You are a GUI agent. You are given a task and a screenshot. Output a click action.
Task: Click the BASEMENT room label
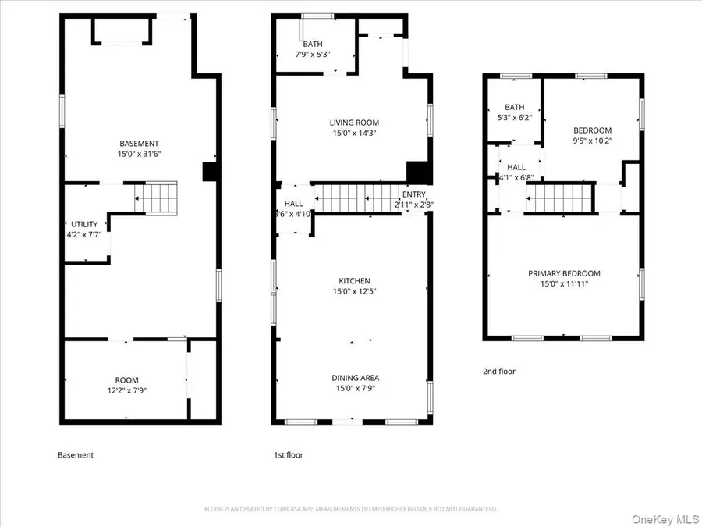[140, 144]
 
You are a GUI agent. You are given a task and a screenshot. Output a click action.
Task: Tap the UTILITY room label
[85, 224]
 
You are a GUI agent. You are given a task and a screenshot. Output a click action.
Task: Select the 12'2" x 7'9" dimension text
[126, 390]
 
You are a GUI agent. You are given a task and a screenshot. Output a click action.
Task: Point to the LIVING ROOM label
[353, 123]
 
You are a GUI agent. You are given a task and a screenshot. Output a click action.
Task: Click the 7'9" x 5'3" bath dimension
[314, 55]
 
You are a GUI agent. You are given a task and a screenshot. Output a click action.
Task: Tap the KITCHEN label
[354, 281]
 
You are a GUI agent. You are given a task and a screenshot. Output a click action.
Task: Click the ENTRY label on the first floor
[414, 195]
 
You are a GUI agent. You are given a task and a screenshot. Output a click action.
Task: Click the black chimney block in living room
[419, 173]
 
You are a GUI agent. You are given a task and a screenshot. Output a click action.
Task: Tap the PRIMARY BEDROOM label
[564, 273]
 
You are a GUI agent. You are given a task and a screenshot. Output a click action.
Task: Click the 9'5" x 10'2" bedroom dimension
[593, 141]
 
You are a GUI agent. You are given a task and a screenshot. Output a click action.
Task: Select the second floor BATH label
[515, 107]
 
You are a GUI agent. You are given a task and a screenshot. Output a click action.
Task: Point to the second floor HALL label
[516, 167]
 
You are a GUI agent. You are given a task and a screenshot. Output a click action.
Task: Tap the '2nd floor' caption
[499, 372]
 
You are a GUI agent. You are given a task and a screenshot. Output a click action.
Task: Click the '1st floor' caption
[288, 454]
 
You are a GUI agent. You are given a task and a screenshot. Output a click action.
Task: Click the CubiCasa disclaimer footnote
[350, 509]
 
